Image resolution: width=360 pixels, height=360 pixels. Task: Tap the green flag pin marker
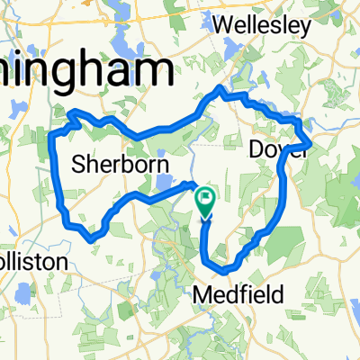pyautogui.click(x=205, y=201)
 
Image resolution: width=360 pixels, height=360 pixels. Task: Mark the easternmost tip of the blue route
pyautogui.click(x=311, y=141)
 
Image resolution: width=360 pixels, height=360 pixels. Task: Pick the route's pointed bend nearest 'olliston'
pyautogui.click(x=90, y=239)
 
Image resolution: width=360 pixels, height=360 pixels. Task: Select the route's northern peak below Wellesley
pyautogui.click(x=219, y=88)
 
